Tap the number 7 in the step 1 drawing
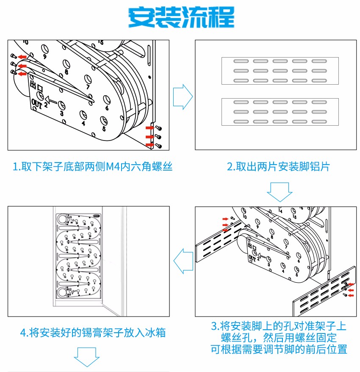pyautogui.click(x=88, y=87)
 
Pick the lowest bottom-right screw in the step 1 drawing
pyautogui.click(x=159, y=146)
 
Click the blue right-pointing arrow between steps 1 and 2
pyautogui.click(x=183, y=96)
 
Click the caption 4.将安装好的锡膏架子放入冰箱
pyautogui.click(x=93, y=333)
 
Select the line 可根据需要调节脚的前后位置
pyautogui.click(x=279, y=349)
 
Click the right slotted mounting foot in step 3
pyautogui.click(x=324, y=292)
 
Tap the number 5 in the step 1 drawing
pyautogui.click(x=104, y=129)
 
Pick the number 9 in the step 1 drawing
pyautogui.click(x=44, y=57)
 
